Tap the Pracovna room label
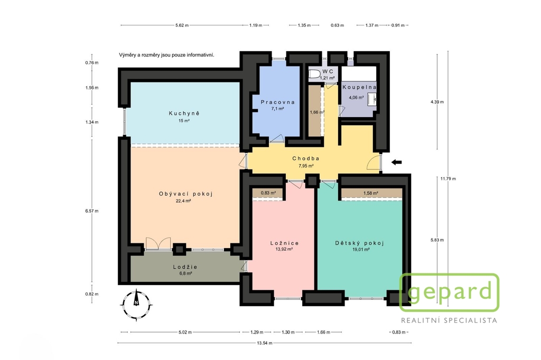278,102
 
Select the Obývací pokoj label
185,194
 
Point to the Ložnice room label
284,243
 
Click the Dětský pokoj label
359,243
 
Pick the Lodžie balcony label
185,267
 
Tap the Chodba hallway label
306,158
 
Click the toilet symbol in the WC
314,74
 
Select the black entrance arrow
396,162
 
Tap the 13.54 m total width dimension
264,343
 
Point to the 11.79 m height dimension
448,178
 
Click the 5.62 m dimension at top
182,25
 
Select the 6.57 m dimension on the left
92,211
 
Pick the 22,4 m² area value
183,201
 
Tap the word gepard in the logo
450,291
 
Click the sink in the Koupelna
371,99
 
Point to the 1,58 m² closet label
370,193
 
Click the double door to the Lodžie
158,243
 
